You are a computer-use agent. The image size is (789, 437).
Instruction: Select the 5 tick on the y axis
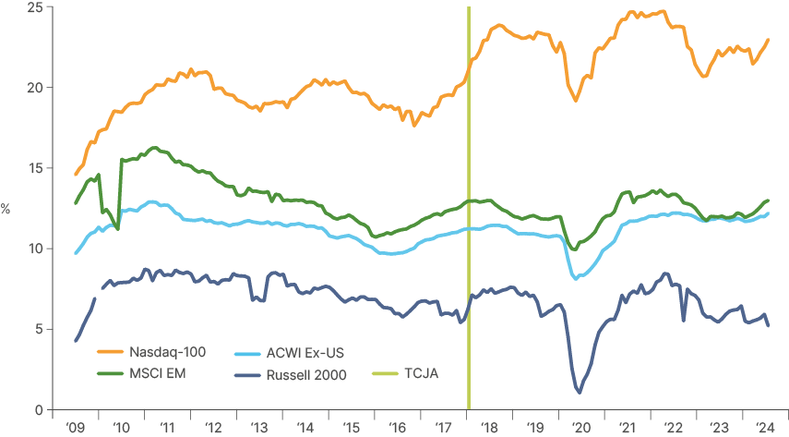click(x=37, y=329)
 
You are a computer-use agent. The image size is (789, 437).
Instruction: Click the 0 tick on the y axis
click(x=37, y=409)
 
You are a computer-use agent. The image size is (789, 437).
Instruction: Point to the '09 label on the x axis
click(x=75, y=428)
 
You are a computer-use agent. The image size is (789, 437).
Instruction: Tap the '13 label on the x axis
click(x=259, y=428)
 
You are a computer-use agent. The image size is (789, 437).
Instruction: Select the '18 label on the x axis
click(x=489, y=428)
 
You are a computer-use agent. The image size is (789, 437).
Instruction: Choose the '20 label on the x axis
click(x=581, y=428)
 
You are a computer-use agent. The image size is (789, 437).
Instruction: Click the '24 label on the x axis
click(x=765, y=428)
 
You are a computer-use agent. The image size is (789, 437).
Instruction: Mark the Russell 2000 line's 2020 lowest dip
click(x=580, y=393)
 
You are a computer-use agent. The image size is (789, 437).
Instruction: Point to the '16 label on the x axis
click(x=398, y=428)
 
